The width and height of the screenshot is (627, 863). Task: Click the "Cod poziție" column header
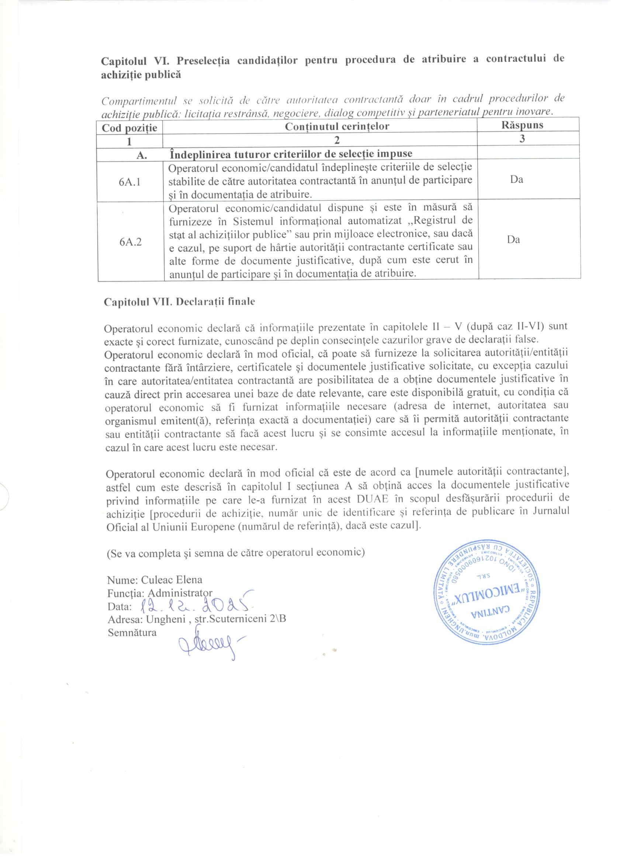pos(129,127)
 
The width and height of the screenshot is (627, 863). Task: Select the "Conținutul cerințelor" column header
pos(337,126)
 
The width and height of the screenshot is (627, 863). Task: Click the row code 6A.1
pos(130,182)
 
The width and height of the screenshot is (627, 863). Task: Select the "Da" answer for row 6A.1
pos(517,179)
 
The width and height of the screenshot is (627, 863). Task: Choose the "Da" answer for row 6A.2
pos(513,240)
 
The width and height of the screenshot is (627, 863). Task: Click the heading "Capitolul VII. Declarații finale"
pos(179,302)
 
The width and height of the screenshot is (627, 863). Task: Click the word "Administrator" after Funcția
pos(180,593)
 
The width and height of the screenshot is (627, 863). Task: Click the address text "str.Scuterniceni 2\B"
pos(240,619)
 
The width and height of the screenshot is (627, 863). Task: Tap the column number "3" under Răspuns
pos(522,139)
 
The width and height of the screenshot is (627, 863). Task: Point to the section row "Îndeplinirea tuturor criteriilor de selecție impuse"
pos(291,154)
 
